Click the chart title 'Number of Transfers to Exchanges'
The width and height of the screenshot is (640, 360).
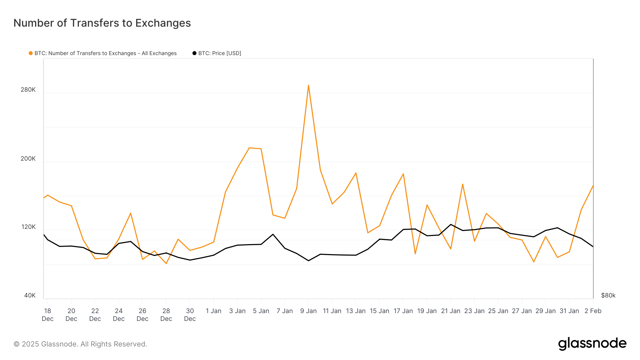(x=102, y=23)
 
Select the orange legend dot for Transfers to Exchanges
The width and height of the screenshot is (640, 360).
(x=31, y=53)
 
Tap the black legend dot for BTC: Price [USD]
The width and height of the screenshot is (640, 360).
(x=194, y=53)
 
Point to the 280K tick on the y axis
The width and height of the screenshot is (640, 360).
(x=28, y=90)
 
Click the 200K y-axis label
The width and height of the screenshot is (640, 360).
(x=28, y=158)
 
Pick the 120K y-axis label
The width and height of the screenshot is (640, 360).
(x=28, y=227)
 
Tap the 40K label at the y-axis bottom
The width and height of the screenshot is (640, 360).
(x=30, y=295)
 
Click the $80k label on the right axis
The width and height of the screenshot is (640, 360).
(x=608, y=295)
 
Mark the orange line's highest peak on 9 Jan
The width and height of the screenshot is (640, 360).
(x=308, y=85)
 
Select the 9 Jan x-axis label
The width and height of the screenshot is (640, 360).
(x=308, y=311)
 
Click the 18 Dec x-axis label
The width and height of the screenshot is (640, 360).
(x=48, y=315)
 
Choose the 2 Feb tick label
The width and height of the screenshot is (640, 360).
(x=593, y=311)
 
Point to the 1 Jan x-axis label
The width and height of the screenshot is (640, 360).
(x=213, y=311)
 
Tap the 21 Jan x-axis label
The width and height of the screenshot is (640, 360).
(x=450, y=311)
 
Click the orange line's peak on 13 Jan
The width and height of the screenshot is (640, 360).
(x=356, y=173)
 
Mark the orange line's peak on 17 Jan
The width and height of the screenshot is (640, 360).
(x=403, y=174)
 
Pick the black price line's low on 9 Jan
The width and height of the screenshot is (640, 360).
(x=308, y=260)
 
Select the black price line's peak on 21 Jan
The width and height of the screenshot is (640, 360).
(x=450, y=224)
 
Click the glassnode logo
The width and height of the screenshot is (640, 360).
(x=592, y=344)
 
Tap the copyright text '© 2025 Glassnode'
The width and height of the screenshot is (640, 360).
(x=80, y=344)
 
